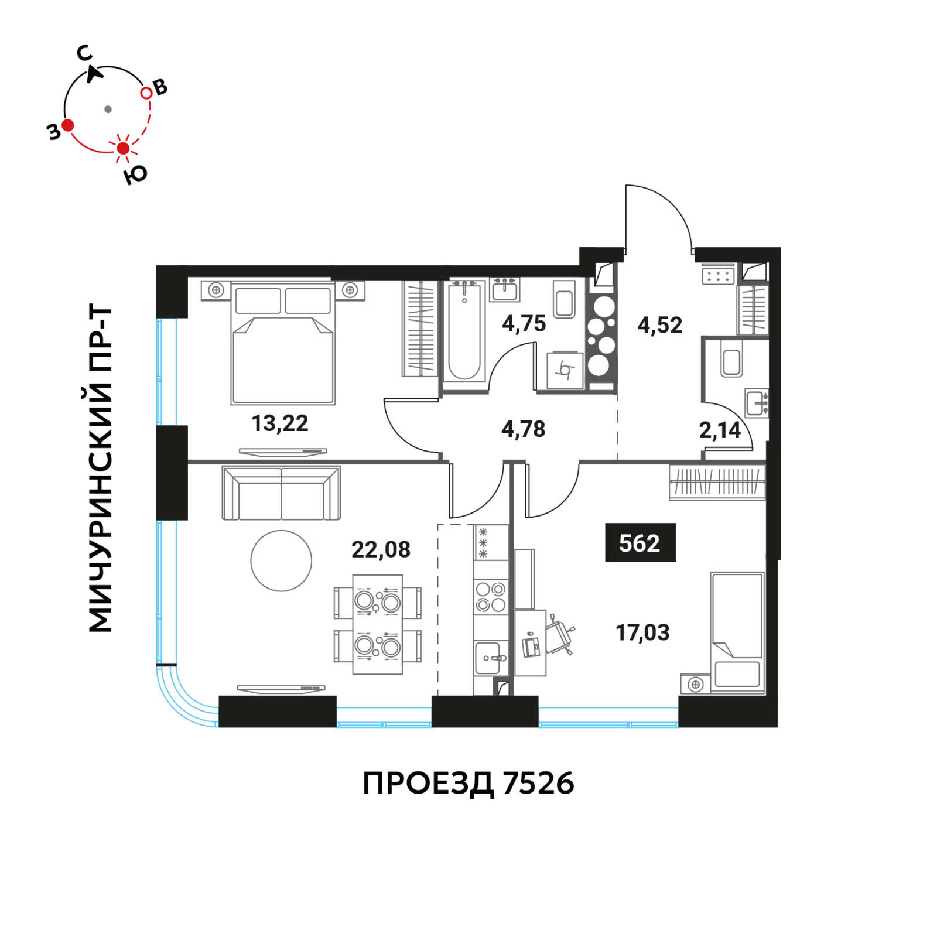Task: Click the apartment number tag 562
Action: [x=640, y=542]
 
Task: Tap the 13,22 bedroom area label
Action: [x=280, y=423]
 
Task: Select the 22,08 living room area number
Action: [x=381, y=549]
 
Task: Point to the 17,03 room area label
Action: [x=642, y=632]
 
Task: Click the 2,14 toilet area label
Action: [x=720, y=430]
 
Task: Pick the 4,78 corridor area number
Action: [x=523, y=429]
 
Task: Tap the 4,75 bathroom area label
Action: [x=524, y=323]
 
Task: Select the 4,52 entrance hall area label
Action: [x=660, y=325]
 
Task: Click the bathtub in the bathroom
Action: [x=464, y=331]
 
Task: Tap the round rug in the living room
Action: [x=281, y=560]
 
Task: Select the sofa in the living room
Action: [x=281, y=493]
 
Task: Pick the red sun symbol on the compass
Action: [x=123, y=148]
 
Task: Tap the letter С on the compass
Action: [x=84, y=53]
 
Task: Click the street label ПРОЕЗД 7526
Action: [x=468, y=783]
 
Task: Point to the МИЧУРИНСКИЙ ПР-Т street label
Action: [x=100, y=468]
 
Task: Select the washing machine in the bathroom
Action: [x=565, y=370]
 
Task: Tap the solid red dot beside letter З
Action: [x=68, y=125]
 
